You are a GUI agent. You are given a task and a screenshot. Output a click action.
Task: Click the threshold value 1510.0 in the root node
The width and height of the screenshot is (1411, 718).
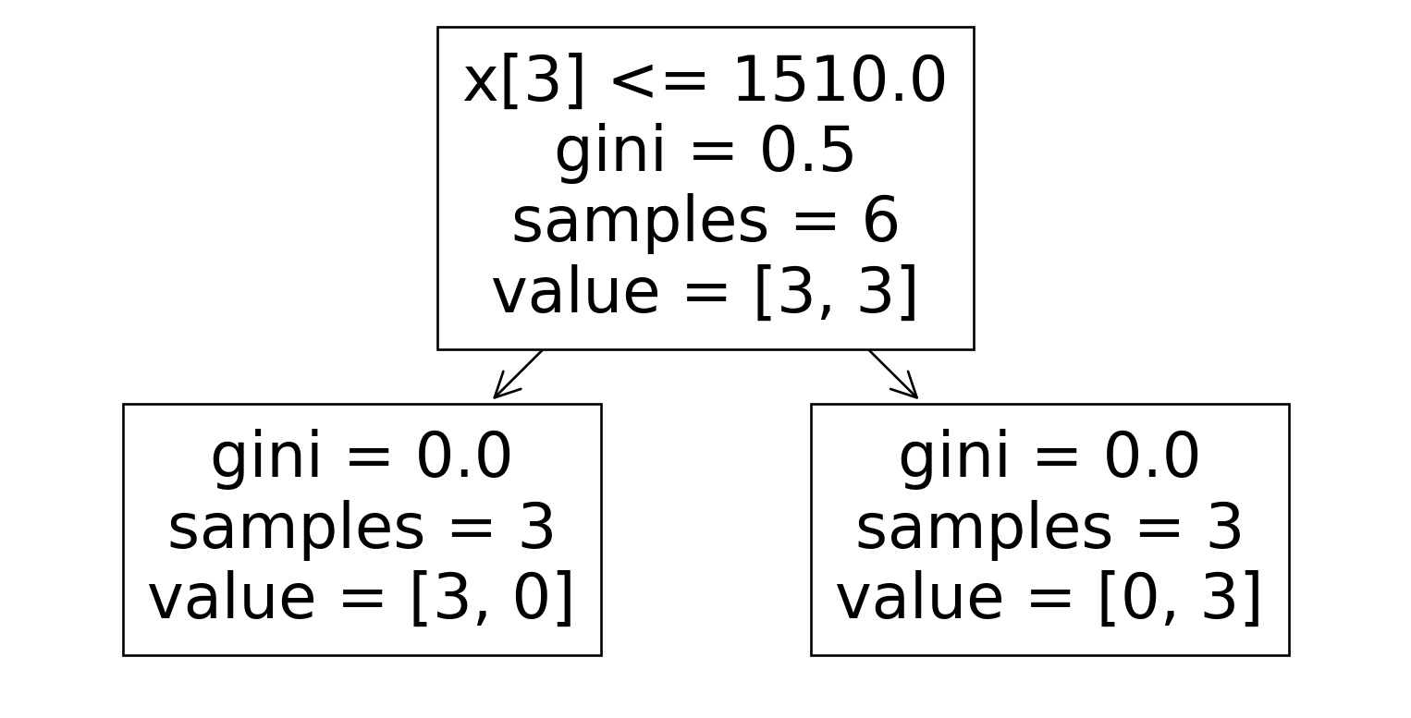(840, 79)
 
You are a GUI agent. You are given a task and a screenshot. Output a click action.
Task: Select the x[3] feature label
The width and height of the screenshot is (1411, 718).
(524, 82)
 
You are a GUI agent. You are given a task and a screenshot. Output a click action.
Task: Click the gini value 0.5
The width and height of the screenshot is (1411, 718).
(807, 151)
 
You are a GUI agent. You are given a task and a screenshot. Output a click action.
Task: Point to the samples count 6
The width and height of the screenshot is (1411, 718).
(880, 221)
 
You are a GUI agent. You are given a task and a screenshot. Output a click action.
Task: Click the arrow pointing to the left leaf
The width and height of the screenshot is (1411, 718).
(517, 374)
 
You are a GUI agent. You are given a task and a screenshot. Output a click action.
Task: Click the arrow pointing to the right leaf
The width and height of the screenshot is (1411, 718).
(893, 374)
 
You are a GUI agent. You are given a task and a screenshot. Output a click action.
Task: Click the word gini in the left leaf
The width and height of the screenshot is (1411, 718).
(266, 458)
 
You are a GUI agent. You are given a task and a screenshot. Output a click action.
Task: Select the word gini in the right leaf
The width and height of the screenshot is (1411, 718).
(954, 458)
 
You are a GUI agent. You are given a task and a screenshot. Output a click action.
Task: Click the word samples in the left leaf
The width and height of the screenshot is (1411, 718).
(296, 529)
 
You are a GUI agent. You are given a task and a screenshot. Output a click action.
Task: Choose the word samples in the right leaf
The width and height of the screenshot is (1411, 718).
(984, 529)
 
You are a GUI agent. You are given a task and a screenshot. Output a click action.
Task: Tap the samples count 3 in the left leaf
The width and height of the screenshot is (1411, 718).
(536, 528)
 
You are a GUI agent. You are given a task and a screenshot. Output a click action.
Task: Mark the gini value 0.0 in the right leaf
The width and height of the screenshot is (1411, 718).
(1151, 456)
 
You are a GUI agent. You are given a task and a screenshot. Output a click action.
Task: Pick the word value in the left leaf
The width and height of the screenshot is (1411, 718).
(232, 597)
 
